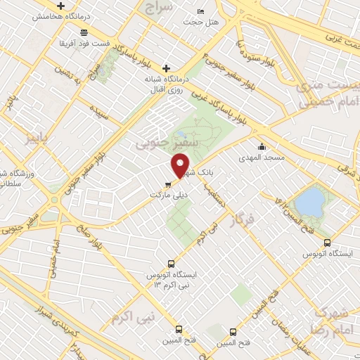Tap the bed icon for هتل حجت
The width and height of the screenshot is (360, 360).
(201, 12)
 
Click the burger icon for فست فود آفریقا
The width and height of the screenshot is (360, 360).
(84, 32)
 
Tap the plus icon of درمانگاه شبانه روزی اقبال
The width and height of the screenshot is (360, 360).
(166, 68)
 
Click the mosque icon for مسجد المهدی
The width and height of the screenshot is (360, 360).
(262, 147)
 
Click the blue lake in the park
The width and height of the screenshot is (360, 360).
(308, 202)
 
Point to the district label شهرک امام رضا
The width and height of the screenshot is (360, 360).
(328, 321)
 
